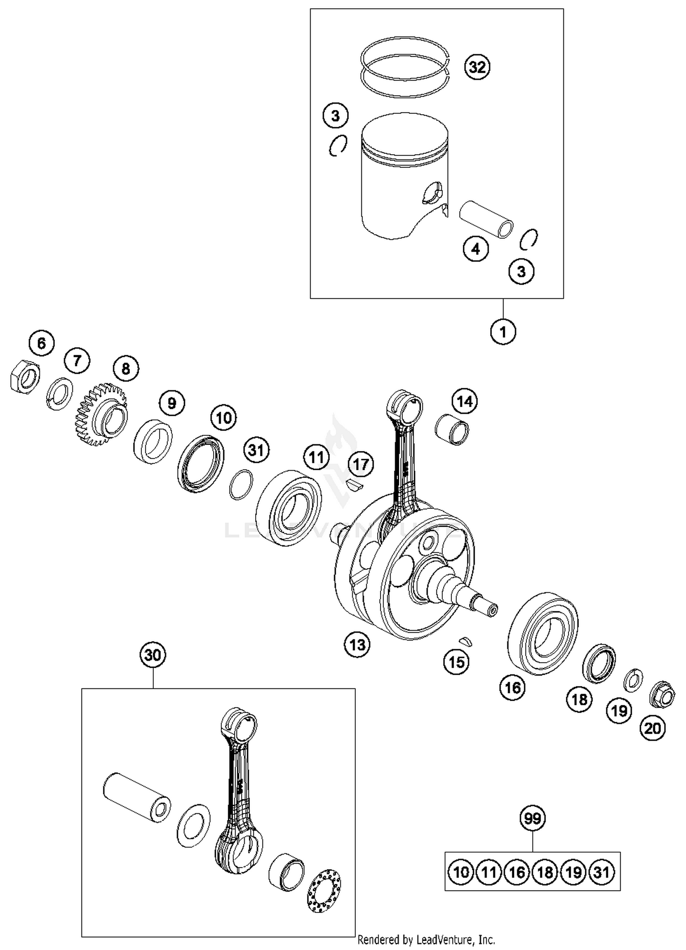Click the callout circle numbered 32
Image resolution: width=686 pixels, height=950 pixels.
click(477, 67)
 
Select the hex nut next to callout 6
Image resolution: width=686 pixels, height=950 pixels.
click(25, 376)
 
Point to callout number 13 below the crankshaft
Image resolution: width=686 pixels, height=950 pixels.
click(357, 645)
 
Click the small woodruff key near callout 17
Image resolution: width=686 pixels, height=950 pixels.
click(354, 484)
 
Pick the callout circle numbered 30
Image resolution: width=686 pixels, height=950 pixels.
click(153, 655)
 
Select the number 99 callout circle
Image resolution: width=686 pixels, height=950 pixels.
click(533, 818)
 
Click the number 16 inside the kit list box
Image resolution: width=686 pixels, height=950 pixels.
click(517, 872)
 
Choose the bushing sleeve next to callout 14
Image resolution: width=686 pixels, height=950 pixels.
click(452, 429)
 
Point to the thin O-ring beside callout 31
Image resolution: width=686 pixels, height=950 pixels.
click(241, 485)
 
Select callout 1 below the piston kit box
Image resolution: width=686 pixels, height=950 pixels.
click(503, 331)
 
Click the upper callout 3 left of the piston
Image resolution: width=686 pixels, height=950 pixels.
click(335, 116)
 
